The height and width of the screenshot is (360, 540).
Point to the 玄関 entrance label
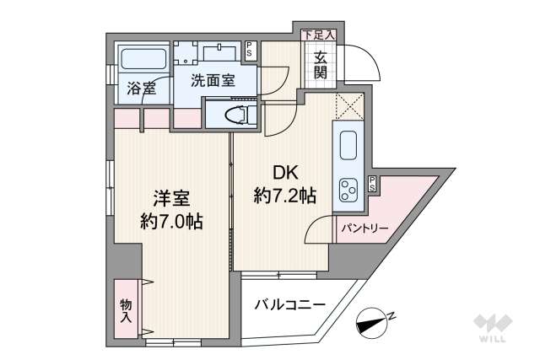click(x=322, y=65)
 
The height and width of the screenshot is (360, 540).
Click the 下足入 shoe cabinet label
click(x=319, y=35)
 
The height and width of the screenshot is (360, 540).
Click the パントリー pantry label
click(x=364, y=228)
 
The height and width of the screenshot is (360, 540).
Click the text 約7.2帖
click(x=285, y=196)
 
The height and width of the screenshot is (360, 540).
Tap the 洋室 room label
click(x=172, y=200)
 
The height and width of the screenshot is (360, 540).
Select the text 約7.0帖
click(x=172, y=223)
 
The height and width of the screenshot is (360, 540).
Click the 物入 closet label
click(x=126, y=310)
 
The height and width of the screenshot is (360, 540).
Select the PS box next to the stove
click(x=372, y=185)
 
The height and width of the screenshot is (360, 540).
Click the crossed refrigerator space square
click(x=348, y=105)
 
